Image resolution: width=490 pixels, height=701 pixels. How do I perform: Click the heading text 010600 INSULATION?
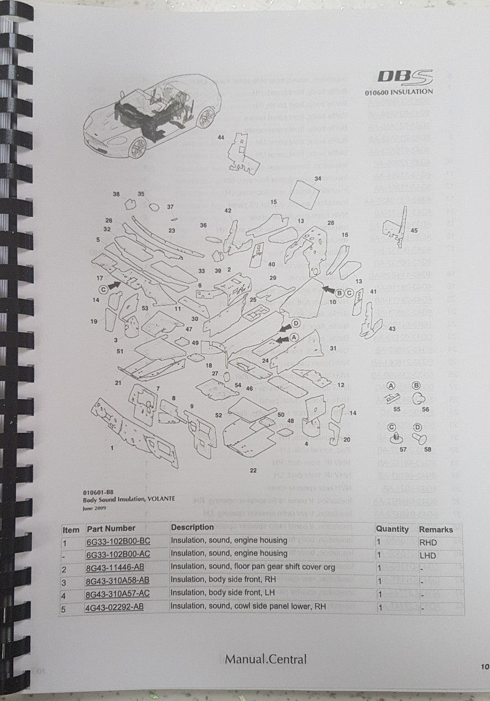coord(399,92)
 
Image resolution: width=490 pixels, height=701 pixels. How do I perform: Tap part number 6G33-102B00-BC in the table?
coord(118,541)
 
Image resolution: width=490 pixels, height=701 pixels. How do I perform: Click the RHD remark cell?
coord(429,542)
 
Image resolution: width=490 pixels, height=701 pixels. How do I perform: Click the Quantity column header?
coord(392,529)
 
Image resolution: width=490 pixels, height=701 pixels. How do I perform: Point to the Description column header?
coord(192,527)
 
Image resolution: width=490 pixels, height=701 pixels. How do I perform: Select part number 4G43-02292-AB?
coord(115,606)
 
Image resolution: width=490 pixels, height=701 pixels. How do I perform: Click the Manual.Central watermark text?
coord(265,659)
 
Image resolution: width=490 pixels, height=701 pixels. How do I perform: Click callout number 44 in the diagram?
coord(221,137)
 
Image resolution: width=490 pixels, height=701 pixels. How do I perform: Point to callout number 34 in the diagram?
coord(317,179)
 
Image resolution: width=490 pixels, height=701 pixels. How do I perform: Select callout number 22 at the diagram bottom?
coord(253,470)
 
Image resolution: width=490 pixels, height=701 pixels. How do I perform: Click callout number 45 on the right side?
coord(414,231)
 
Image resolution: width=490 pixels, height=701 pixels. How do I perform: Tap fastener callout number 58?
coord(428,450)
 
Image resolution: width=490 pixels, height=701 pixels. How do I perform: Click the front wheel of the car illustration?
coord(137,148)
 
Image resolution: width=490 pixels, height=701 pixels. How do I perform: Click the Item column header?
coord(71,529)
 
